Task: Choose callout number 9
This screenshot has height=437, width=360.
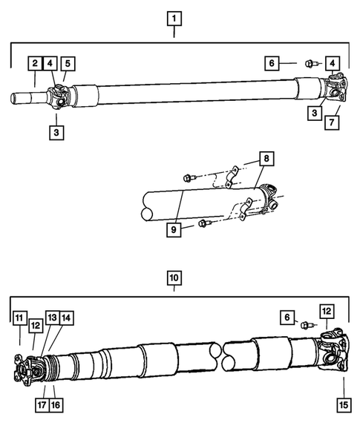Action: pyautogui.click(x=174, y=229)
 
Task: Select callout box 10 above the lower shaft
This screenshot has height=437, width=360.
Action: pyautogui.click(x=174, y=278)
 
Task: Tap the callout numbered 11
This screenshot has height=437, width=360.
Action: pyautogui.click(x=18, y=319)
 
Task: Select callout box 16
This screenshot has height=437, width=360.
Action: pyautogui.click(x=57, y=407)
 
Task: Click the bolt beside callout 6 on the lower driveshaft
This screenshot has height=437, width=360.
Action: pyautogui.click(x=304, y=323)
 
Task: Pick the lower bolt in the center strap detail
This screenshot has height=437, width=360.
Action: pyautogui.click(x=203, y=223)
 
